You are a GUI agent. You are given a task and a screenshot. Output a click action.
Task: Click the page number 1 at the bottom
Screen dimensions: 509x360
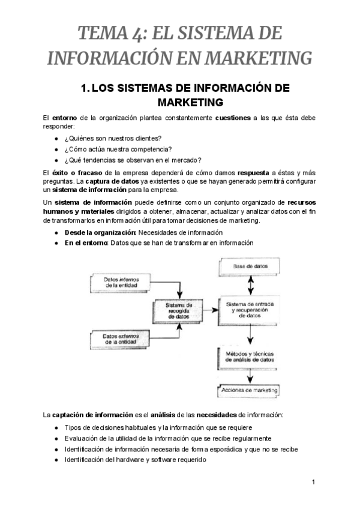tap(313, 481)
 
